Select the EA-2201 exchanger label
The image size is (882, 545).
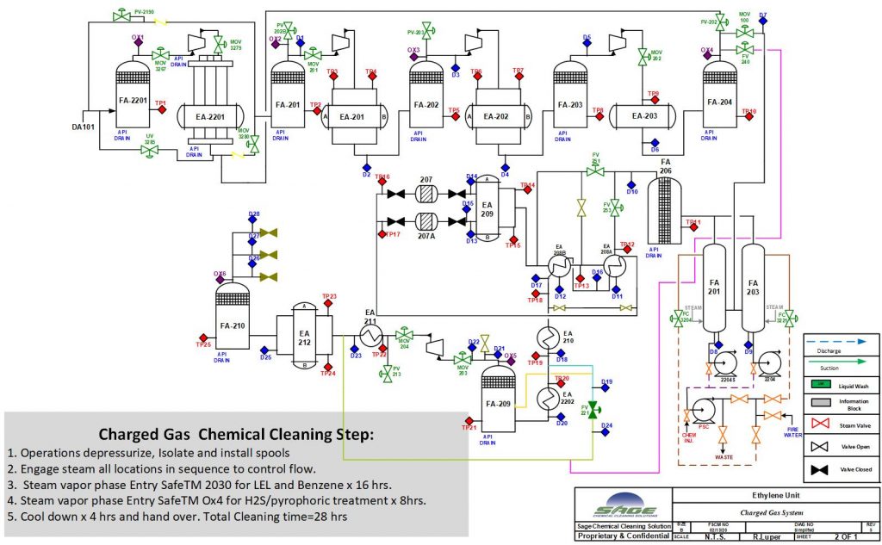click(x=205, y=117)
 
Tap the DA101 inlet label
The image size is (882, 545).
click(x=83, y=127)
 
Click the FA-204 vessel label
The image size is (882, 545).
click(x=720, y=102)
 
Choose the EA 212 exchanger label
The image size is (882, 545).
click(x=304, y=337)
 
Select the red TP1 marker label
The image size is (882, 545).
click(x=160, y=103)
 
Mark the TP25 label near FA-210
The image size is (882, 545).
click(x=203, y=344)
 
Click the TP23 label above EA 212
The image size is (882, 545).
click(x=328, y=297)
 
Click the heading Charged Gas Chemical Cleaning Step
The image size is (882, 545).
click(x=236, y=434)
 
